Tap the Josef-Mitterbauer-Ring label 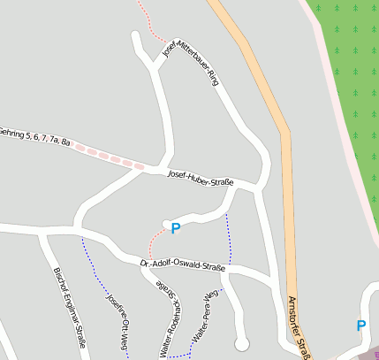[191, 61]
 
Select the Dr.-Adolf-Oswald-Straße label [183, 264]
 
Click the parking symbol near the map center [175, 228]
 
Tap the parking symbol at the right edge [360, 326]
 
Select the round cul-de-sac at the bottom [241, 343]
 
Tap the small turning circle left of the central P [166, 222]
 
